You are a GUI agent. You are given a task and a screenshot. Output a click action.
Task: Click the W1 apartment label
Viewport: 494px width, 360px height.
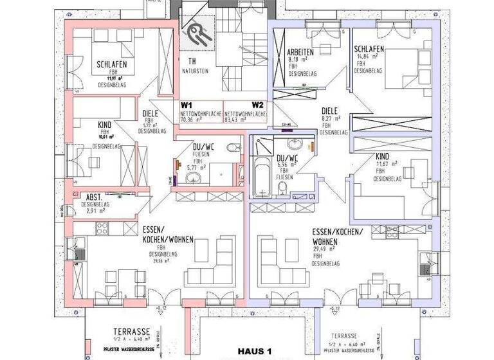(187, 104)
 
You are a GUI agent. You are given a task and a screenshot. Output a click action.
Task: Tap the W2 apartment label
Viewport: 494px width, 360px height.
(257, 104)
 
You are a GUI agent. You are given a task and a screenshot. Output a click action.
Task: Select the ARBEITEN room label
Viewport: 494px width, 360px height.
(300, 51)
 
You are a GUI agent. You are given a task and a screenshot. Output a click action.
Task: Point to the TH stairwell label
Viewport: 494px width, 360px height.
(184, 62)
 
